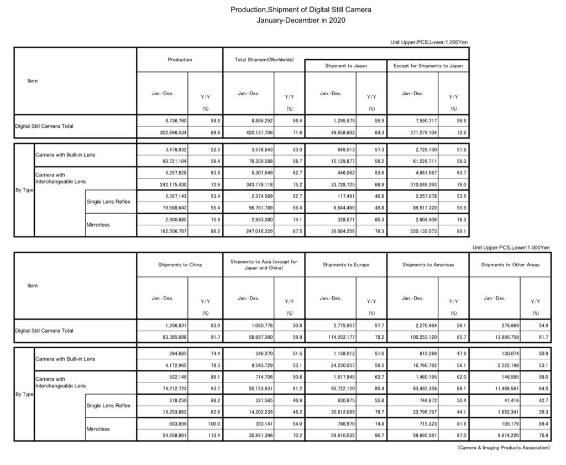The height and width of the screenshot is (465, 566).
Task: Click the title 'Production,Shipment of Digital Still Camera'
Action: pyautogui.click(x=285, y=10)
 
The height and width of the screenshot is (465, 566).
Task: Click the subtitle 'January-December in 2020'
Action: pyautogui.click(x=285, y=20)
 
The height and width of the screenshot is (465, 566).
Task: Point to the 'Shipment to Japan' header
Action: pyautogui.click(x=345, y=66)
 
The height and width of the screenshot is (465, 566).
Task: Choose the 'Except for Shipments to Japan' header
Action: pyautogui.click(x=428, y=66)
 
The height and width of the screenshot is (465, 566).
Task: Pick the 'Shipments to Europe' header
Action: pyautogui.click(x=345, y=265)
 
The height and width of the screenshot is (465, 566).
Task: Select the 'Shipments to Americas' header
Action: pyautogui.click(x=428, y=265)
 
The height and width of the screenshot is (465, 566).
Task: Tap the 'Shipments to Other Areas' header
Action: pyautogui.click(x=510, y=265)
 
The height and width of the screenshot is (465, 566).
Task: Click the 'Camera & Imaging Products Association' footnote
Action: pyautogui.click(x=505, y=447)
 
